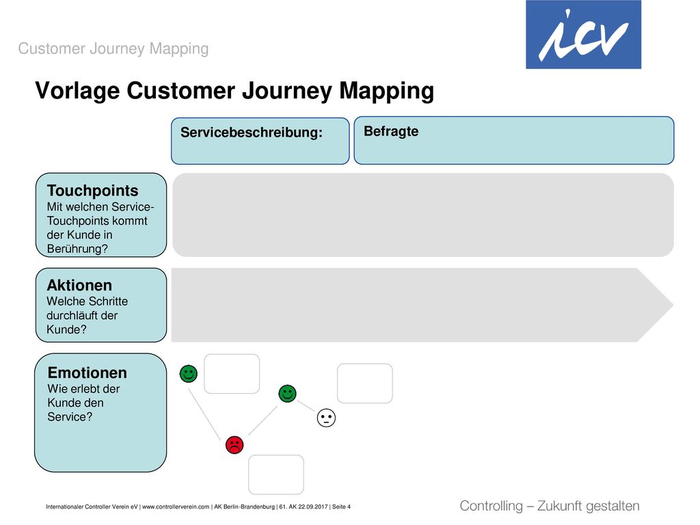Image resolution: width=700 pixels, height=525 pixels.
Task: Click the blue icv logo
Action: point(583,34)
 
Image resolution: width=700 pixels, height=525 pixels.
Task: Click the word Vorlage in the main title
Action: point(78,91)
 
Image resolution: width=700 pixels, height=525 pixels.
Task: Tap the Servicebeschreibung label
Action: point(252,133)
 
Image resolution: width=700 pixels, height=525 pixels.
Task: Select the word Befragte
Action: point(391,131)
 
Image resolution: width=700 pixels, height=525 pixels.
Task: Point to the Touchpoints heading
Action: point(92,191)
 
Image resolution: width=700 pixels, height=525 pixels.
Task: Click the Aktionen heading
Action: point(79,285)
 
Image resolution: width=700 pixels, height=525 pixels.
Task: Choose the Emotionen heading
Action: point(87,373)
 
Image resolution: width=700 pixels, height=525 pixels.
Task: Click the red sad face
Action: point(234,444)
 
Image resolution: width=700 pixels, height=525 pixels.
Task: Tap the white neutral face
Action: point(326,418)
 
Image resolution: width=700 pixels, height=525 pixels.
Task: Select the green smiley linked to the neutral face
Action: point(288,393)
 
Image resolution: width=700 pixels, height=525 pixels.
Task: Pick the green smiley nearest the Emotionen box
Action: point(189,374)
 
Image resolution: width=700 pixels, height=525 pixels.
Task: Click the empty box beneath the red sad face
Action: point(276,474)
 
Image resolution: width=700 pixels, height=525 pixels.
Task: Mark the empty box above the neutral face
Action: point(365,383)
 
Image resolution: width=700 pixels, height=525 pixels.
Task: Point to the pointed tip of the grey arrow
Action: point(673,305)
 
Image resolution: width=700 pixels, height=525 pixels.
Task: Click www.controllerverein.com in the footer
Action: point(176,507)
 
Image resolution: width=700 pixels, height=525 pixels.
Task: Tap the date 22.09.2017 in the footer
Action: point(313,507)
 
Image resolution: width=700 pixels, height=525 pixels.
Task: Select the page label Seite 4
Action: point(341,507)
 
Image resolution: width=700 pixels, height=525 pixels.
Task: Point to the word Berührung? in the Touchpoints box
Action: point(77,249)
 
